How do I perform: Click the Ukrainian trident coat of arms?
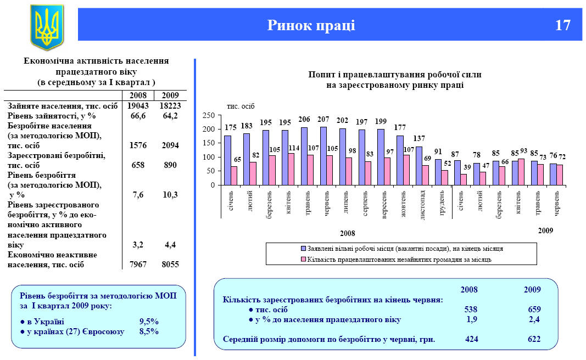point(47,27)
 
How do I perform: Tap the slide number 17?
point(562,25)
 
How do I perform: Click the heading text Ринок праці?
point(311,25)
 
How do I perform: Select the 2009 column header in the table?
point(170,95)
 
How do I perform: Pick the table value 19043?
point(138,105)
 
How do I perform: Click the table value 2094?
point(170,145)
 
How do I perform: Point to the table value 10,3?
point(170,195)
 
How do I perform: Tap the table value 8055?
point(170,265)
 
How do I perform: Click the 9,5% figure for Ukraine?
point(149,322)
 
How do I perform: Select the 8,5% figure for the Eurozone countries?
point(149,331)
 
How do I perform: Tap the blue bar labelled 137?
point(418,166)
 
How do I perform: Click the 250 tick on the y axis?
point(208,115)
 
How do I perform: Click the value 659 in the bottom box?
point(534,310)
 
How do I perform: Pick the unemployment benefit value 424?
point(471,339)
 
